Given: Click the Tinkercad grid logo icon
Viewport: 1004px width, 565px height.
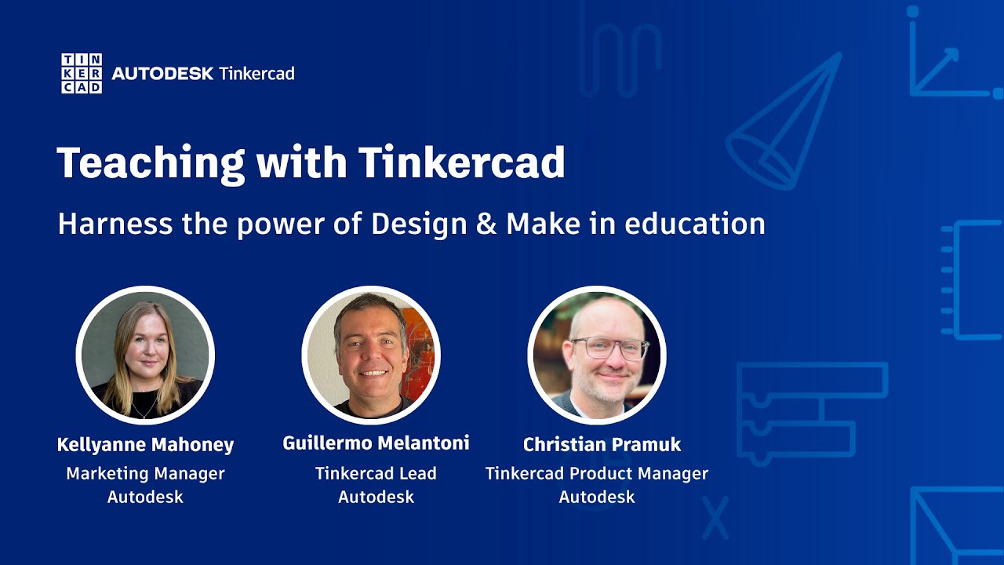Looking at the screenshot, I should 82,74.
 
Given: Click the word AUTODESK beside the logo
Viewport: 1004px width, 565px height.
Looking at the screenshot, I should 162,74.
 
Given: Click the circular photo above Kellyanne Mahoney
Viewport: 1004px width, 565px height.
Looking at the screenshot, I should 145,355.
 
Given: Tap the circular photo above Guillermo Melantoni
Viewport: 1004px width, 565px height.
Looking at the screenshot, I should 371,355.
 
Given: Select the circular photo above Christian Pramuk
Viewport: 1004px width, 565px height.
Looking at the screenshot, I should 597,355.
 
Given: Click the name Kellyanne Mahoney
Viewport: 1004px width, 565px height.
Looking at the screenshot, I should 145,445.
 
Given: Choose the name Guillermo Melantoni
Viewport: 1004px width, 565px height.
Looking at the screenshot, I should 376,443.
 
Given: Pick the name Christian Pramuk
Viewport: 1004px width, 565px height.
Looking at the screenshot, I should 602,445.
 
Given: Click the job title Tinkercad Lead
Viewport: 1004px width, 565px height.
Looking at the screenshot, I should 376,474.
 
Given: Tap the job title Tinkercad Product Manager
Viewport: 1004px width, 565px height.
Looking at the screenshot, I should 597,474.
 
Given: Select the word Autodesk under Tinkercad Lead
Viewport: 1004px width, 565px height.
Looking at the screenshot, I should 376,498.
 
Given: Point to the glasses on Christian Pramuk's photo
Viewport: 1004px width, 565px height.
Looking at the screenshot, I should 609,348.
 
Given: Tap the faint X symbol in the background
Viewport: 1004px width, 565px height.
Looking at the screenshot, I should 715,518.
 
